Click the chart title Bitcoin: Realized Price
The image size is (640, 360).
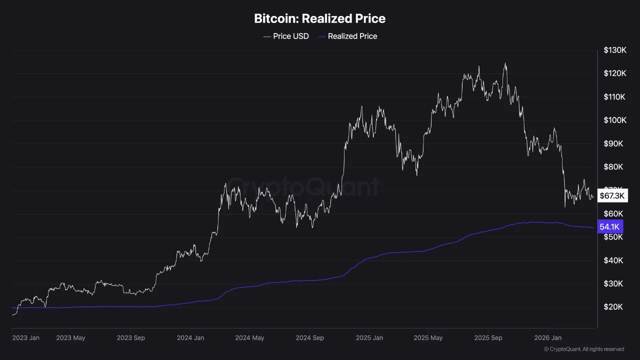click(319, 19)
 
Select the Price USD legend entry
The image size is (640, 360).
click(286, 36)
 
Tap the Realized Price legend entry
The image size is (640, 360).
click(347, 36)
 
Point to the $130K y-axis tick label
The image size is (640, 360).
click(614, 50)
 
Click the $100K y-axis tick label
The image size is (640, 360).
click(614, 120)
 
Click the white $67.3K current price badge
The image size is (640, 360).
click(612, 195)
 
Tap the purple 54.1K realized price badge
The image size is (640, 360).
click(610, 227)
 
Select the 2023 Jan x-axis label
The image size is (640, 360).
click(25, 338)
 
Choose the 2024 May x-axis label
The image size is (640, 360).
click(249, 338)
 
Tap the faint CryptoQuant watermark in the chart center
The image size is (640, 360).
click(304, 187)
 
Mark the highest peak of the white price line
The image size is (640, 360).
click(505, 63)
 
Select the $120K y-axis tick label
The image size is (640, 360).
click(614, 74)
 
